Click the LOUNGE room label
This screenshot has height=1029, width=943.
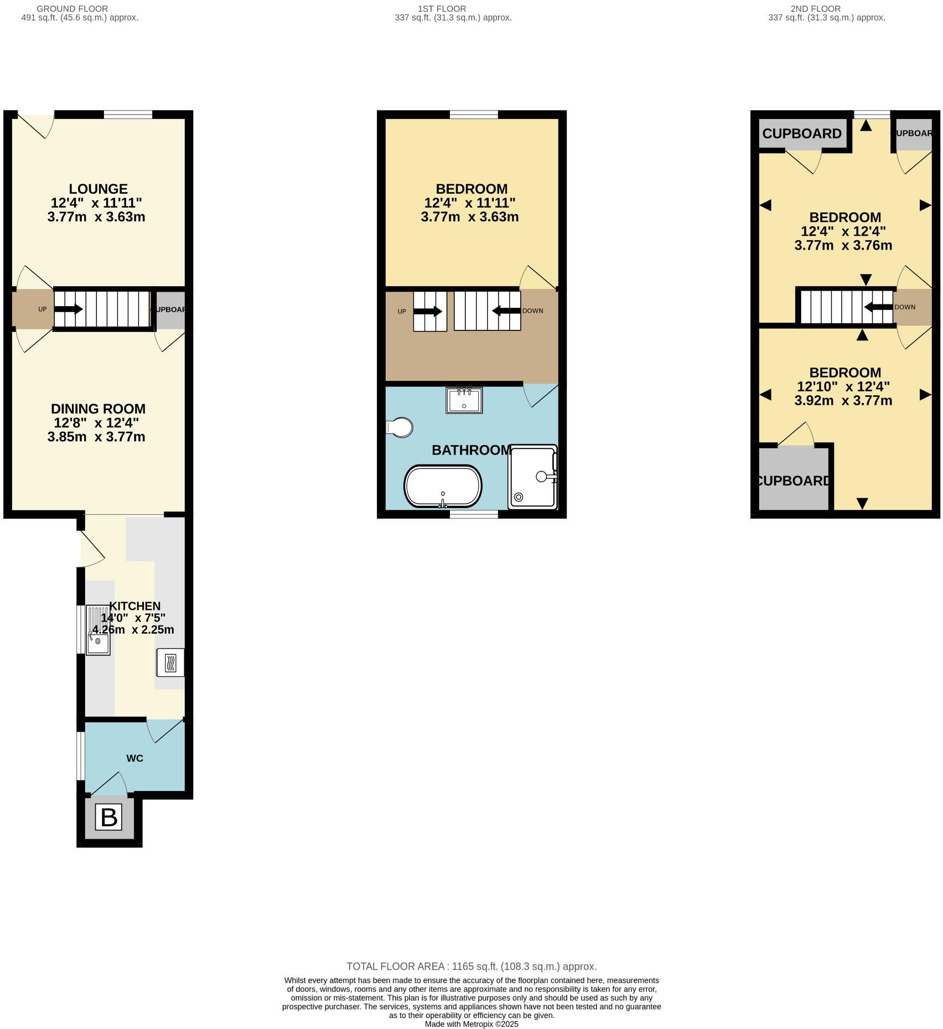98,189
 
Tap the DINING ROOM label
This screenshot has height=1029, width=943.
98,409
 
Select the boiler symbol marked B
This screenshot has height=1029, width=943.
108,818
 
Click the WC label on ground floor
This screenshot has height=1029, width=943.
134,758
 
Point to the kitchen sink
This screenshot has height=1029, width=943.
98,630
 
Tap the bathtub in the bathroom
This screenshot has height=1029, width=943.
443,486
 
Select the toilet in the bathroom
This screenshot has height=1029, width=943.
400,427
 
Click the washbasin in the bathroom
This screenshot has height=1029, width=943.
464,400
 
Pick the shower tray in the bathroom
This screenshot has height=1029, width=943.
532,477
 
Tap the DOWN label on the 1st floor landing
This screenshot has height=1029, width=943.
532,311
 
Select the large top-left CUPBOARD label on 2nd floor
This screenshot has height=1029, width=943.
801,133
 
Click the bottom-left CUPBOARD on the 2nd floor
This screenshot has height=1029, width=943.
793,480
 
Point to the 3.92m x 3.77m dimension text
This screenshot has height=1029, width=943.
843,400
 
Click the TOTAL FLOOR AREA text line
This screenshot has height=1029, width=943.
471,966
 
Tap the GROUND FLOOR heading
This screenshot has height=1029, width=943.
72,9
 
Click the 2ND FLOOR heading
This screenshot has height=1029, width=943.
816,9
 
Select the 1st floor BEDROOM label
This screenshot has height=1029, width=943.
471,189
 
